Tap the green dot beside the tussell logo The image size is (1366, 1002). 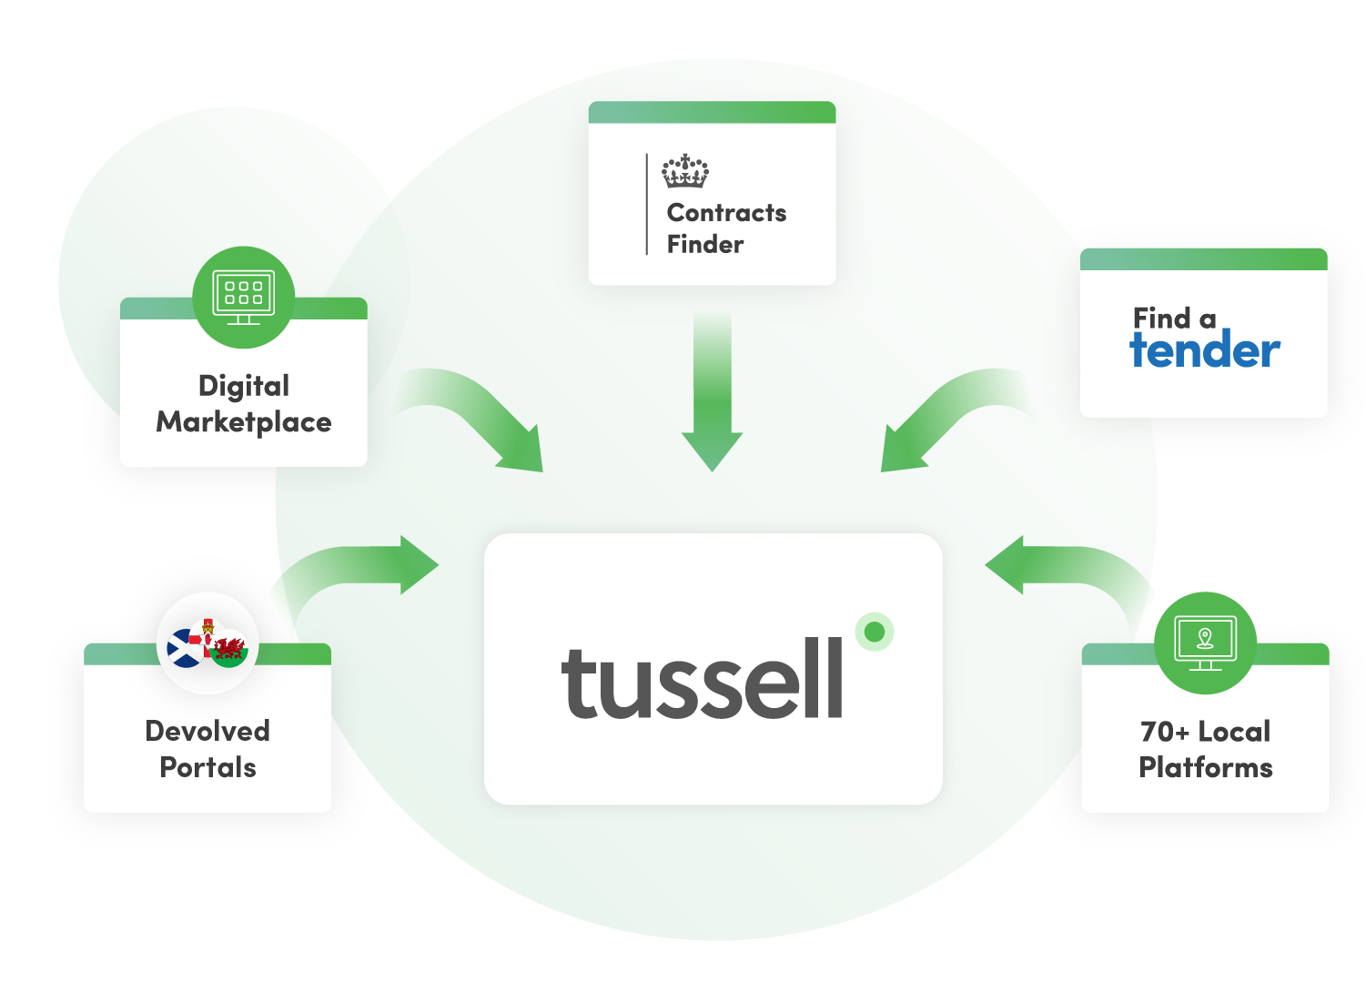(875, 632)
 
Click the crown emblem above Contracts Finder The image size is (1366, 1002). (684, 171)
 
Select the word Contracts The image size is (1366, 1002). (726, 213)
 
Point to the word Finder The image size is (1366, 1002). (705, 245)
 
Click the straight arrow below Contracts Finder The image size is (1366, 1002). (713, 391)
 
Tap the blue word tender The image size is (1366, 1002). (1205, 350)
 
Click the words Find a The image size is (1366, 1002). (1174, 319)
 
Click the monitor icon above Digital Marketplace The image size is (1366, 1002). (243, 297)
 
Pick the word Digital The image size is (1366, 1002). (244, 386)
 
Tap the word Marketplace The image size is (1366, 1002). (244, 422)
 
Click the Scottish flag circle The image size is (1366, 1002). (186, 648)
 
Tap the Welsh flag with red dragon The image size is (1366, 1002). (230, 649)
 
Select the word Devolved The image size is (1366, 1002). (207, 731)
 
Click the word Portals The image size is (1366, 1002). (207, 767)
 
